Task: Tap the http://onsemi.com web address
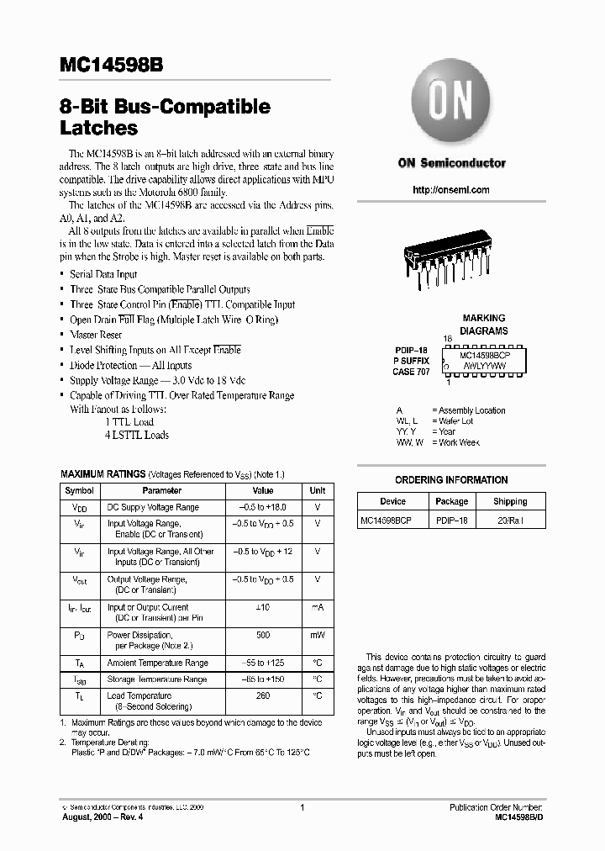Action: [451, 190]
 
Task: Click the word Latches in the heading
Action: [98, 129]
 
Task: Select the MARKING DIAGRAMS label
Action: [484, 325]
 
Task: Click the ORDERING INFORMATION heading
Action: [451, 480]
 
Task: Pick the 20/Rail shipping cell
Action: [510, 521]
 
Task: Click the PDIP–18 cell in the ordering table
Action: [451, 521]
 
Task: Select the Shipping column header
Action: [510, 501]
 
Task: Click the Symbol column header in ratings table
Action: [80, 490]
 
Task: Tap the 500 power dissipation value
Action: [263, 635]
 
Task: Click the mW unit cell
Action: [317, 635]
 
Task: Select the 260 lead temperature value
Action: [263, 695]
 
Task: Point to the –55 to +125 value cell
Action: [263, 663]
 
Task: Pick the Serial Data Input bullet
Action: [103, 274]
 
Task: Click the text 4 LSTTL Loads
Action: [136, 435]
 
